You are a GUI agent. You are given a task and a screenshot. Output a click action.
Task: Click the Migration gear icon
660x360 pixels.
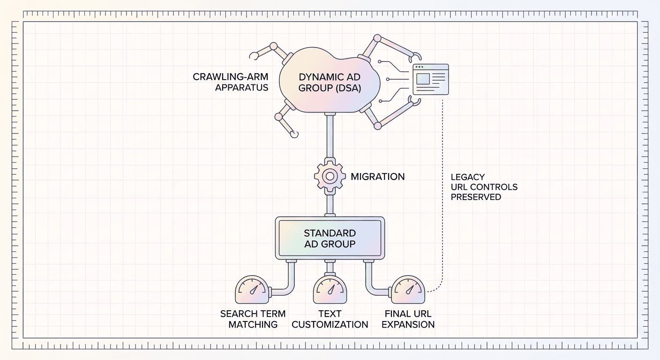click(x=330, y=176)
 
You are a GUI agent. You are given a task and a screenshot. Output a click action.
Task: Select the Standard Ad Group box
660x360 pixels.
click(x=330, y=238)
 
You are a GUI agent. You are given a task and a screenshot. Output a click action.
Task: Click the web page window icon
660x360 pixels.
click(x=430, y=79)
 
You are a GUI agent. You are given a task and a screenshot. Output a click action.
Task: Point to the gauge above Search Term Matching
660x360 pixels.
click(x=252, y=290)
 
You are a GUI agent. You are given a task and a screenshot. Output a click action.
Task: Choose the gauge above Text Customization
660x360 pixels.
click(x=330, y=290)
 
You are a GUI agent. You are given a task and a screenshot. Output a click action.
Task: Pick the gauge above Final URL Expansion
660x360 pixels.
click(x=408, y=290)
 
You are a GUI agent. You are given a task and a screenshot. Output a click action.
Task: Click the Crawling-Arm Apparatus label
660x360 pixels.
click(x=231, y=82)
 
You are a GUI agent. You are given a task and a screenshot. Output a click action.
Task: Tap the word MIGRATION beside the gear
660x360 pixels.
click(x=377, y=177)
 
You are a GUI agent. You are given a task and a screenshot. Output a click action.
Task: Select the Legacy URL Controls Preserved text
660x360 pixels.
click(x=484, y=187)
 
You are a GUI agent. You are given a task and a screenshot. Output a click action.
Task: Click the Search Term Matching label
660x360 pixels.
click(x=253, y=319)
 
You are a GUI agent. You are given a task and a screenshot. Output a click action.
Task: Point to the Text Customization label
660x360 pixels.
click(x=330, y=319)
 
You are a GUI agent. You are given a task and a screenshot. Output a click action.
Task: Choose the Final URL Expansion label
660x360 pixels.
click(x=408, y=319)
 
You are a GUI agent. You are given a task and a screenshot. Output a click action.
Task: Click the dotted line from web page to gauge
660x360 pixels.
click(x=442, y=195)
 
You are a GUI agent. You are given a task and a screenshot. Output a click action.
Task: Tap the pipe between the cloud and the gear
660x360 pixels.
click(x=330, y=136)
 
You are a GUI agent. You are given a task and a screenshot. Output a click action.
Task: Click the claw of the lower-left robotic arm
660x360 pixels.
click(x=294, y=135)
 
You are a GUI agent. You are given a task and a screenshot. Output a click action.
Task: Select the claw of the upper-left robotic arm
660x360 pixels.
click(x=254, y=56)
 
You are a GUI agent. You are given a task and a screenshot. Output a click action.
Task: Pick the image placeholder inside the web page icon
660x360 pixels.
click(x=423, y=79)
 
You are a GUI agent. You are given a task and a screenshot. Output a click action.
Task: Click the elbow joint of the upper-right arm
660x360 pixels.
click(x=377, y=38)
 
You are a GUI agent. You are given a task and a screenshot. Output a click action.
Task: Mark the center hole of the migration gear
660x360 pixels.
click(x=330, y=176)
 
